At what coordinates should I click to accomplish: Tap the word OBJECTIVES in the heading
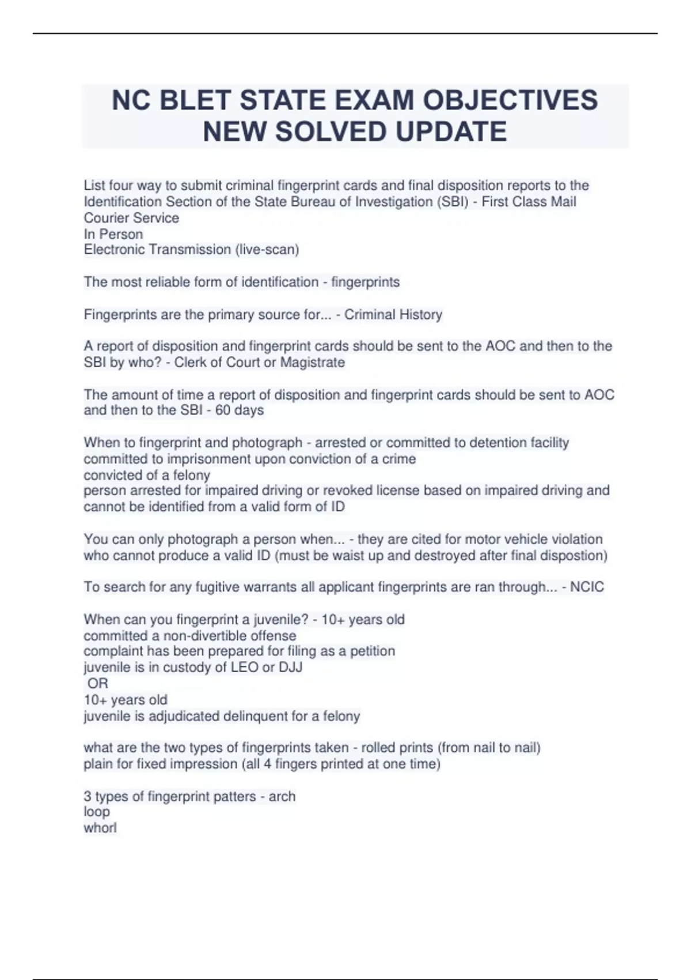coord(510,100)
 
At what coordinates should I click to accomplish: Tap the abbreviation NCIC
coord(587,587)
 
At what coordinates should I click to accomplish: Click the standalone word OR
coord(98,684)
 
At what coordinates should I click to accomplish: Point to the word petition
coord(373,651)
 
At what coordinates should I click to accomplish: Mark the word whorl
coord(100,828)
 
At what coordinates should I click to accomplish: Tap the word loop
coord(97,812)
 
